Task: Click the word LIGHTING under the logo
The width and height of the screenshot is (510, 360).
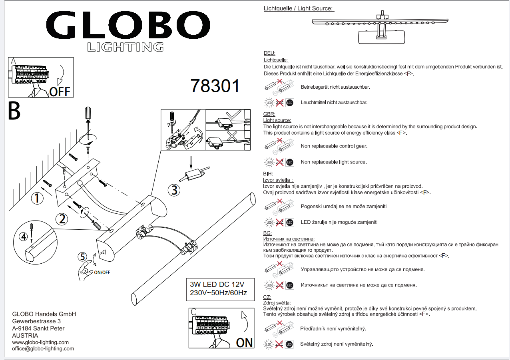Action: pyautogui.click(x=125, y=47)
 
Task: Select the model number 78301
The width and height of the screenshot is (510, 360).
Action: pyautogui.click(x=215, y=86)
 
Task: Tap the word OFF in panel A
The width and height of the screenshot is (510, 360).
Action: pyautogui.click(x=60, y=92)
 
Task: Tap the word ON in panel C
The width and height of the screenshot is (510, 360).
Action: pyautogui.click(x=244, y=342)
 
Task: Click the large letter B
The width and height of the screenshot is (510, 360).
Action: pyautogui.click(x=14, y=111)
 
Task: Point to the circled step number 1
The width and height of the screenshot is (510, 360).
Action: pyautogui.click(x=37, y=198)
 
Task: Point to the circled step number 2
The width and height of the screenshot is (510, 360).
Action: pyautogui.click(x=62, y=219)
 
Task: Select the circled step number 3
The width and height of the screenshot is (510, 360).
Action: pyautogui.click(x=174, y=190)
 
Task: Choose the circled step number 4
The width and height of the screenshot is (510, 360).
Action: pyautogui.click(x=24, y=237)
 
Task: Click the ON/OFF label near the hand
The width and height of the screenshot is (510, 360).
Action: pyautogui.click(x=102, y=272)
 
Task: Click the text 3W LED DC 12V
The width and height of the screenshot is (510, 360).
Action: pyautogui.click(x=217, y=284)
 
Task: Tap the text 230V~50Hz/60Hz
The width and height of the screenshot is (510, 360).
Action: pyautogui.click(x=219, y=293)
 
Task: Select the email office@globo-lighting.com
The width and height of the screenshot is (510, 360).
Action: pyautogui.click(x=43, y=348)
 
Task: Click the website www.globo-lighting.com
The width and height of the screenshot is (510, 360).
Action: pyautogui.click(x=40, y=342)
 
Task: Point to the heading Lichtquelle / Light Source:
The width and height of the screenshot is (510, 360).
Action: pyautogui.click(x=299, y=8)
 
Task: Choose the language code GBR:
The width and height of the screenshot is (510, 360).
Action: pyautogui.click(x=269, y=114)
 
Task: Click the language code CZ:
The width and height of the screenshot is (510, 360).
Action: pyautogui.click(x=267, y=297)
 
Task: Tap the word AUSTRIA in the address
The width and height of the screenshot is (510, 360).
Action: pyautogui.click(x=26, y=336)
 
